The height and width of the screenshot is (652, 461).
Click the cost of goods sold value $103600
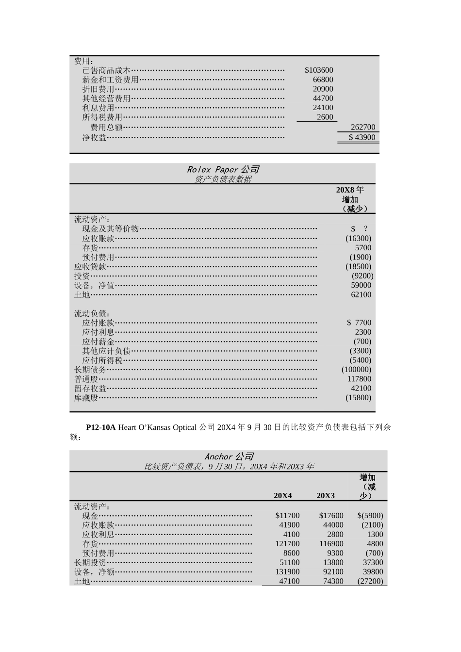319,70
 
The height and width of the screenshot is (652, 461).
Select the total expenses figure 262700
363,127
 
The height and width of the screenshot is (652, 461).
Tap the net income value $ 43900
362,137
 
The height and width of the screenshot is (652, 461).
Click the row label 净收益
94,137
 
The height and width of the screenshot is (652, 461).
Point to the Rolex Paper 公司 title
223,169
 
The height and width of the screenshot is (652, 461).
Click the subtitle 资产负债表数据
223,179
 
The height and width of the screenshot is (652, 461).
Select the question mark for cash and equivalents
365,229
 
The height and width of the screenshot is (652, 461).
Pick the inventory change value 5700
363,248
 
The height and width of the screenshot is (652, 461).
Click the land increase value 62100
361,294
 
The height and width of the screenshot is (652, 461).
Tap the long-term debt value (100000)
356,370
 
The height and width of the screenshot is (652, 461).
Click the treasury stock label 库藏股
86,398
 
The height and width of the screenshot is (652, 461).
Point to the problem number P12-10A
101,427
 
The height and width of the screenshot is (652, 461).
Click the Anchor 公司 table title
229,456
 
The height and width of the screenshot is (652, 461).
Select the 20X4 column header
283,495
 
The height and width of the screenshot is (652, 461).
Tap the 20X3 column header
326,495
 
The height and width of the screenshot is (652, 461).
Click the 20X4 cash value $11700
287,516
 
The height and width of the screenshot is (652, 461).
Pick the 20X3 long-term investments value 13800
333,563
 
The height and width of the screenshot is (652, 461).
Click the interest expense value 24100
323,108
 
